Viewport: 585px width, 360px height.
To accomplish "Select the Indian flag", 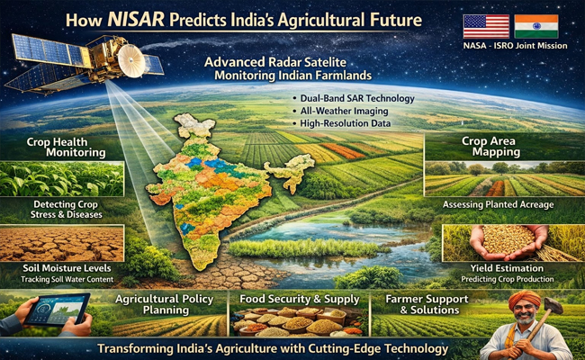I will [x=536, y=26].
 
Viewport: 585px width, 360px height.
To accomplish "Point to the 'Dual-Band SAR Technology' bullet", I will [x=352, y=97].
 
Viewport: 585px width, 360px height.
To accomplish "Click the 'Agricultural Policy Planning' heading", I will [x=165, y=303].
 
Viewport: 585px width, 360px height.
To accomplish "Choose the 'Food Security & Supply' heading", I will [x=292, y=297].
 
